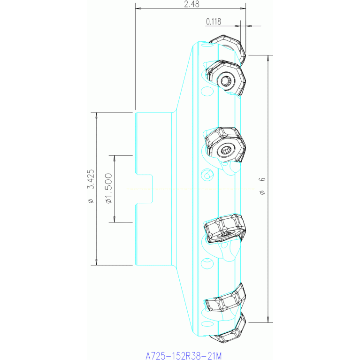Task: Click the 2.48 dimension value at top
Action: [x=191, y=4]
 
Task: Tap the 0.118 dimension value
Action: [x=214, y=22]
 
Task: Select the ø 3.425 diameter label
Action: [x=91, y=186]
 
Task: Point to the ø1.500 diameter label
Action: [x=108, y=188]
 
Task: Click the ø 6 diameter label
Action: [x=262, y=186]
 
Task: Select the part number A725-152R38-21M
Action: [x=184, y=356]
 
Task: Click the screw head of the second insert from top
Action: [x=226, y=81]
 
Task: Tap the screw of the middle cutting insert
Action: [x=226, y=150]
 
